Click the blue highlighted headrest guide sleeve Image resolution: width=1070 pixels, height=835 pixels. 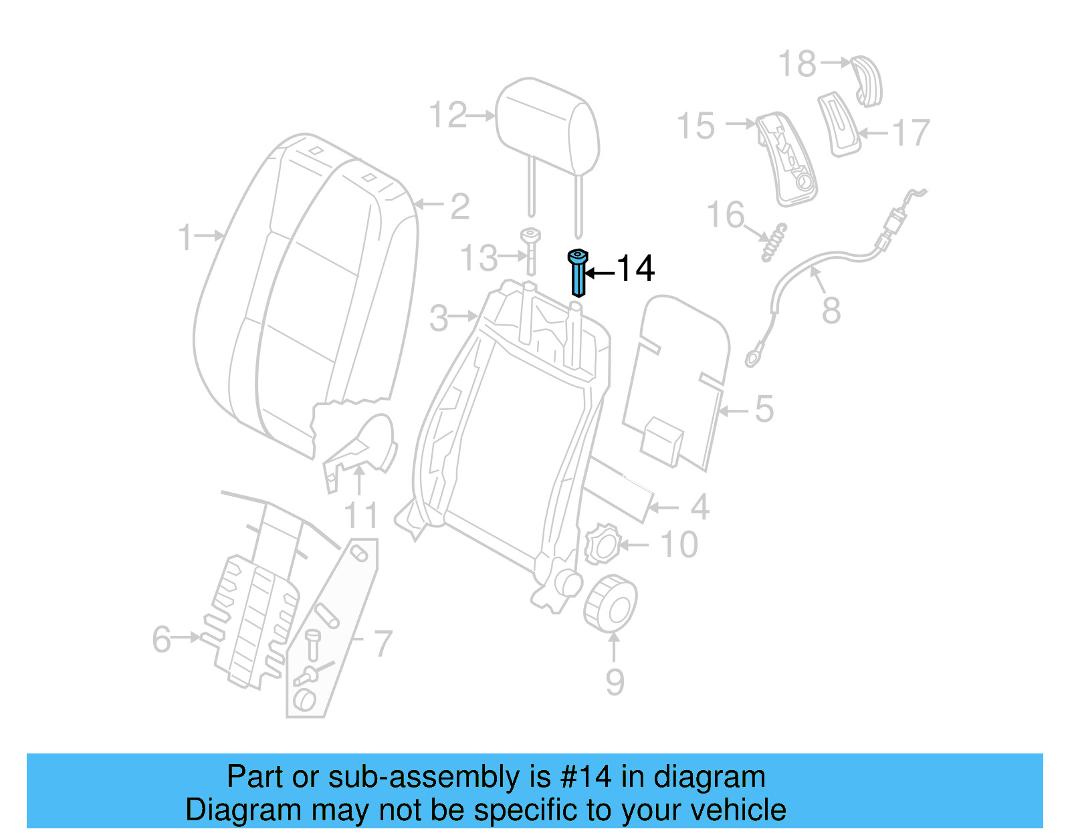tap(577, 274)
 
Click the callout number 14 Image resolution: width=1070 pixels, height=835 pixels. tap(635, 269)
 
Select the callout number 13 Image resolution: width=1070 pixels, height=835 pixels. tap(479, 258)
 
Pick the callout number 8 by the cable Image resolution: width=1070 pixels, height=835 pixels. tap(831, 310)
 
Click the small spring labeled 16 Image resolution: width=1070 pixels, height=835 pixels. tap(774, 243)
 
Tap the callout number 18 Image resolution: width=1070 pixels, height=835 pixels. tap(797, 64)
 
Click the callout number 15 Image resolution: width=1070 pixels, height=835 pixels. tap(695, 126)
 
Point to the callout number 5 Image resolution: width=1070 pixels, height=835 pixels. tap(764, 409)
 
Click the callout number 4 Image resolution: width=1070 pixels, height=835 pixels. tap(700, 507)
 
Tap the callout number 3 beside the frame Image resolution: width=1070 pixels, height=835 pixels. tap(439, 318)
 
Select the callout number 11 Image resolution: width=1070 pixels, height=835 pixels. tap(362, 515)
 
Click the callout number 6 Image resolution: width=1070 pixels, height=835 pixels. tap(162, 639)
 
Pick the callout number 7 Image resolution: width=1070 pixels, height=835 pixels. tap(382, 644)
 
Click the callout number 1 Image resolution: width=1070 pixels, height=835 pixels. tap(185, 238)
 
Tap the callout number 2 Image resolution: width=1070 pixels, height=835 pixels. tap(459, 206)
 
